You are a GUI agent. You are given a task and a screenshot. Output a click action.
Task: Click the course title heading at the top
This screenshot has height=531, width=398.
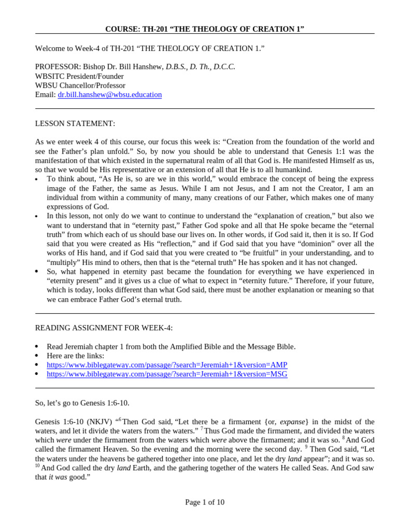pyautogui.click(x=205, y=29)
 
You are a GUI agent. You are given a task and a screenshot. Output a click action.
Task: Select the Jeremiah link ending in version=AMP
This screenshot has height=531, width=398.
pyautogui.click(x=167, y=365)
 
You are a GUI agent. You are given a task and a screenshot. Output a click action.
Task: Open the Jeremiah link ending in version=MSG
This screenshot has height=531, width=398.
pyautogui.click(x=167, y=374)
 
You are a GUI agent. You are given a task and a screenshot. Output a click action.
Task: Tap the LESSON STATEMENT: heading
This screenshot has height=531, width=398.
pyautogui.click(x=75, y=123)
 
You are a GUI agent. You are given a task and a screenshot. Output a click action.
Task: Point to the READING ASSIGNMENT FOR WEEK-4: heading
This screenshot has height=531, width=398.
pyautogui.click(x=104, y=328)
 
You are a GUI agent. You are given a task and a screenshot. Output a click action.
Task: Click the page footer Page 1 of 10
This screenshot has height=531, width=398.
pyautogui.click(x=205, y=502)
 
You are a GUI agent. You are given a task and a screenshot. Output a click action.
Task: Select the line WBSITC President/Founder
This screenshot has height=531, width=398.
pyautogui.click(x=80, y=76)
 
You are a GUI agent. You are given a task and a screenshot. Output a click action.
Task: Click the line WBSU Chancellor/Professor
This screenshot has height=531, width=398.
pyautogui.click(x=80, y=86)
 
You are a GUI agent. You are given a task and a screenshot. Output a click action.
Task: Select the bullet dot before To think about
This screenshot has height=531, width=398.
pyautogui.click(x=36, y=179)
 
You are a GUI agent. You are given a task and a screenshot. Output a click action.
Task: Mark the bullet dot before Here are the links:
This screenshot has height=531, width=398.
pyautogui.click(x=36, y=356)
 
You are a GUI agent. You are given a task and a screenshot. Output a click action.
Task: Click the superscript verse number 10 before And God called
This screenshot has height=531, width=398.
pyautogui.click(x=37, y=466)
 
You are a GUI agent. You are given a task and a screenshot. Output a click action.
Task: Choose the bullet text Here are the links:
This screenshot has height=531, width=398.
pyautogui.click(x=75, y=356)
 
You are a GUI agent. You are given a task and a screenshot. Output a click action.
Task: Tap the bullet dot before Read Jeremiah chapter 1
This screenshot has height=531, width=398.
pyautogui.click(x=36, y=347)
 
